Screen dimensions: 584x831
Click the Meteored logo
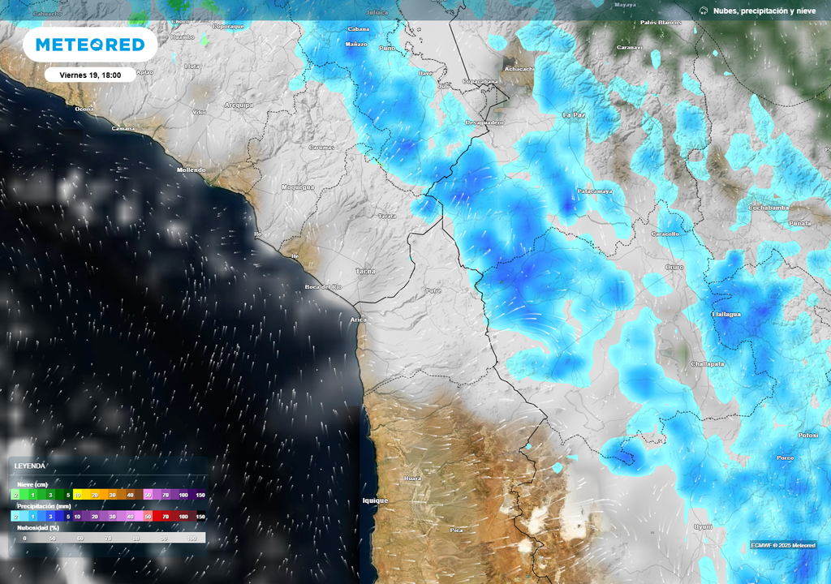[x=89, y=45]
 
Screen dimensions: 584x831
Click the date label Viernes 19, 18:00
[x=90, y=75]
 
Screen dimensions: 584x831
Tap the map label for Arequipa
[x=239, y=105]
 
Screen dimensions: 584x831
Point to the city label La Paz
[x=574, y=115]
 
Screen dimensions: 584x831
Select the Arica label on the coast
[x=358, y=320]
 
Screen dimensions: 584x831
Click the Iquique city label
[x=375, y=500]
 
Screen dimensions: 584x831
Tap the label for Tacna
[x=365, y=271]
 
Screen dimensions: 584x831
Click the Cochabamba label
[x=768, y=208]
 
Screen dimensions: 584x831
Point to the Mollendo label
[x=192, y=170]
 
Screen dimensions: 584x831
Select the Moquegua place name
[x=297, y=187]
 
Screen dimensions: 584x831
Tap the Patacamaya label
[x=594, y=191]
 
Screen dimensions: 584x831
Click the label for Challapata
[x=707, y=364]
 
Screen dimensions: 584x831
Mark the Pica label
[x=456, y=530]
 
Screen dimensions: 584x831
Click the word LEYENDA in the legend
[x=29, y=466]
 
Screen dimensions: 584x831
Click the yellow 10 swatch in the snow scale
[x=79, y=495]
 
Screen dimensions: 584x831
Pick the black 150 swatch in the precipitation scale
[x=200, y=516]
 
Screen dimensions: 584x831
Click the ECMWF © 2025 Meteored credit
[x=784, y=545]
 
